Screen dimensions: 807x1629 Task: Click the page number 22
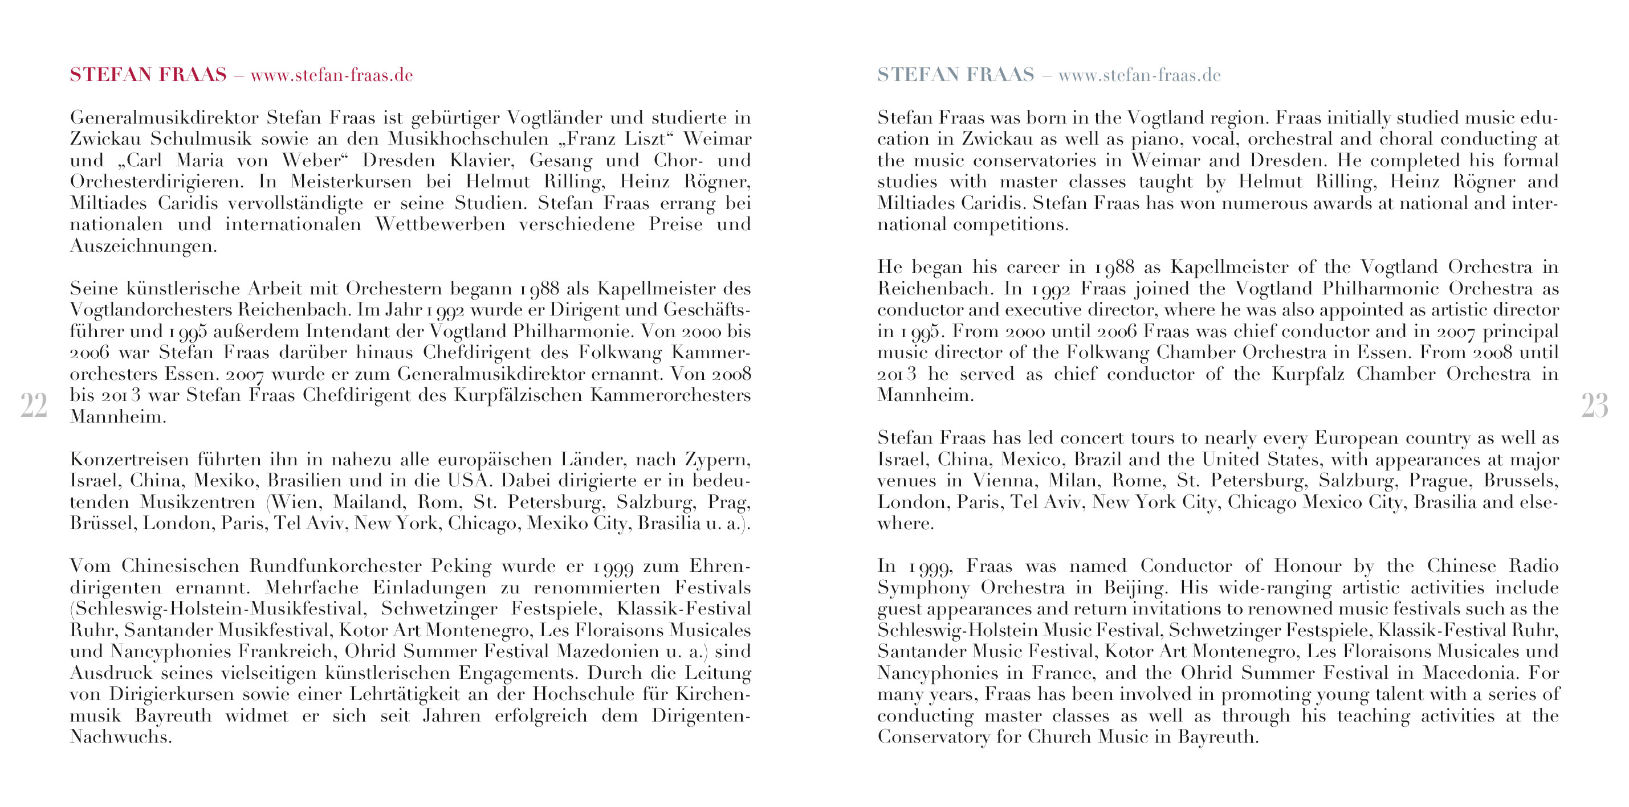34,405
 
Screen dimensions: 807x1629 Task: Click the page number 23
1594,405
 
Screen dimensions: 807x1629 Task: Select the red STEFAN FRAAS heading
148,75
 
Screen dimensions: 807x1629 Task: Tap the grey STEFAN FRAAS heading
955,75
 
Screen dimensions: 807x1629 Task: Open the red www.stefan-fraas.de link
331,76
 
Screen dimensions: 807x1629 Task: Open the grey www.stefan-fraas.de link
1139,76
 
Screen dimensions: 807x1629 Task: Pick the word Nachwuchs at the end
120,737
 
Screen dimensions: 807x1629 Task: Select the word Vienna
1004,481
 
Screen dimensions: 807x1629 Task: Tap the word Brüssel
103,523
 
